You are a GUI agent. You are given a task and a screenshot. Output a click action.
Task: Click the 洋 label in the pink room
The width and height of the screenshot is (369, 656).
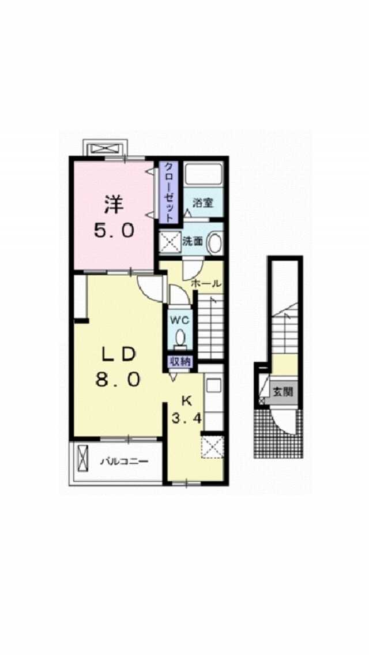(113, 204)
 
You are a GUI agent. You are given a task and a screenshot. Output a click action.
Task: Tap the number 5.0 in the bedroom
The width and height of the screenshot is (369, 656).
(114, 230)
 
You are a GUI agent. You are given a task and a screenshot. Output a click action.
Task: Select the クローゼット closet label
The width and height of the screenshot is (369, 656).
(168, 192)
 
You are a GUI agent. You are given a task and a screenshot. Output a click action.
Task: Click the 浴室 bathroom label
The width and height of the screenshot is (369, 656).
(203, 203)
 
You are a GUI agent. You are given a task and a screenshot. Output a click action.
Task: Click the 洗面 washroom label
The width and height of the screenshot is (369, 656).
(193, 241)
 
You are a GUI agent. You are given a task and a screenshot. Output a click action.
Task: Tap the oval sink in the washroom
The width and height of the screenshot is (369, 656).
(214, 243)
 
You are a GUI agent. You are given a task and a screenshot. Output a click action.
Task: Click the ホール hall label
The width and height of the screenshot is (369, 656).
(206, 284)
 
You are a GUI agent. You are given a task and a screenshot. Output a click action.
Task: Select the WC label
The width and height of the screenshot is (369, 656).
(180, 320)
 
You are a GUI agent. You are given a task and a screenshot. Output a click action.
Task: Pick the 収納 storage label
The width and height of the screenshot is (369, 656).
(180, 362)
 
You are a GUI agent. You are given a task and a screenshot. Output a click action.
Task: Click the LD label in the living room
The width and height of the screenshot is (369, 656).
(118, 355)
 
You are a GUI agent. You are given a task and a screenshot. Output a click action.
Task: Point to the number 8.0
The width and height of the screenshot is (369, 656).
(117, 380)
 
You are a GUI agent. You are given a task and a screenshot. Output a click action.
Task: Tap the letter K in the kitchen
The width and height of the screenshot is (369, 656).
(186, 400)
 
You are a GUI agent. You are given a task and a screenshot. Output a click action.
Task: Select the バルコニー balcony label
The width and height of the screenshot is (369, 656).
(124, 462)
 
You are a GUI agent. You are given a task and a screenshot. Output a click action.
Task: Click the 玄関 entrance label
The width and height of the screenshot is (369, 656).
(283, 392)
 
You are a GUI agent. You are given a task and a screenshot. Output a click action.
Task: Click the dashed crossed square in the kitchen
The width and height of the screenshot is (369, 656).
(212, 447)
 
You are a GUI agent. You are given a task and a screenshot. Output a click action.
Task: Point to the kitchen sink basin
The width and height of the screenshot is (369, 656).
(213, 385)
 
